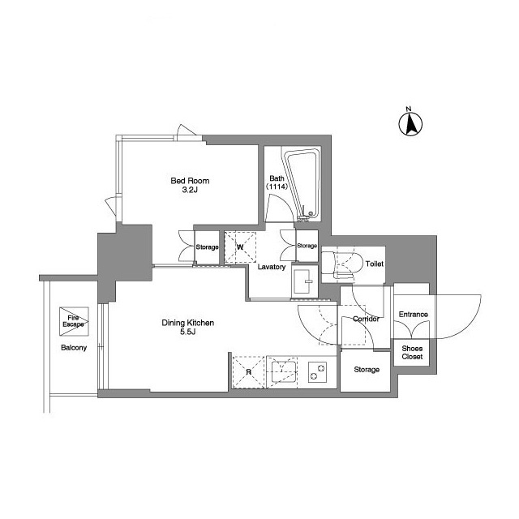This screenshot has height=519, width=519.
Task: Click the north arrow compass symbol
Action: pos(410,122)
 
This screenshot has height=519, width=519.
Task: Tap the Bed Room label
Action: pos(190,181)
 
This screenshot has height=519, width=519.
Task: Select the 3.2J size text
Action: pos(190,190)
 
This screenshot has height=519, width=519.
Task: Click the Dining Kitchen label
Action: pos(187,323)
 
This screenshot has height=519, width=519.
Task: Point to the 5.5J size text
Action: pos(188,332)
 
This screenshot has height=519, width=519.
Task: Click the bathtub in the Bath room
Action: pos(302,184)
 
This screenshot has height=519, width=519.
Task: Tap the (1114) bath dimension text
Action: pos(277,187)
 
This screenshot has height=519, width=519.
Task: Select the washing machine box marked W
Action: pos(240,247)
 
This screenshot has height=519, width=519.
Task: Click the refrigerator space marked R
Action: pos(249,372)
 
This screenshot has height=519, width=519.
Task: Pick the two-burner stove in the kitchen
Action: pos(317,371)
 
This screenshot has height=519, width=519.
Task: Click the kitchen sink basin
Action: pos(284,371)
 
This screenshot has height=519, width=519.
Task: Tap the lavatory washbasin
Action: pos(302,281)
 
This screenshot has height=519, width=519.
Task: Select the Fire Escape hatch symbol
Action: pos(74,321)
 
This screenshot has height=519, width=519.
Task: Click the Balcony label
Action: pos(74,348)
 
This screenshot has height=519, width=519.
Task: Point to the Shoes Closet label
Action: pos(412,353)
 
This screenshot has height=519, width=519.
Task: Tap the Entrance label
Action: pos(413,314)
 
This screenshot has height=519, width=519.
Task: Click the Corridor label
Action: pos(366,319)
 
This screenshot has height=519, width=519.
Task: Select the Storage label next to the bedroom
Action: pos(207,247)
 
